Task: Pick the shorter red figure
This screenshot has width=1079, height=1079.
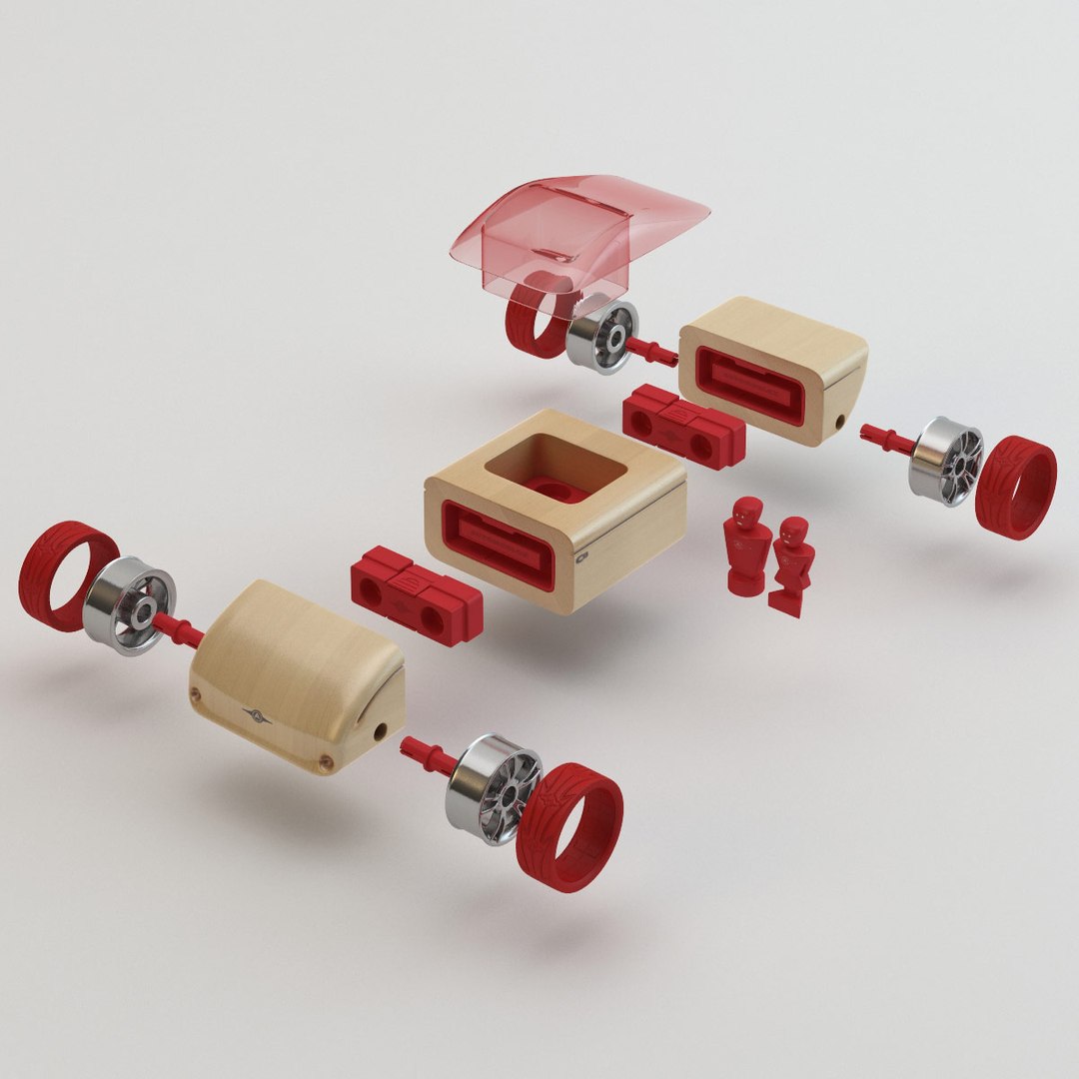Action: point(792,564)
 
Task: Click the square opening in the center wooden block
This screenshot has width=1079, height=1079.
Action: point(555,466)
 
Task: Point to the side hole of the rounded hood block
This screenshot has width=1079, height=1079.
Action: point(379,732)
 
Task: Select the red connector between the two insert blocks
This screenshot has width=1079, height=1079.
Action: point(684,424)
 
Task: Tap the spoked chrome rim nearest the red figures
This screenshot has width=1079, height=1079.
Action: point(945,460)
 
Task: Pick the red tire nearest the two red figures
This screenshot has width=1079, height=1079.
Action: point(1015,487)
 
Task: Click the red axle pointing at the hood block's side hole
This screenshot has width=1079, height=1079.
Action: point(428,755)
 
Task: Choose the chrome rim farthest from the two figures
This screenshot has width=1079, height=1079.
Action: point(129,605)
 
